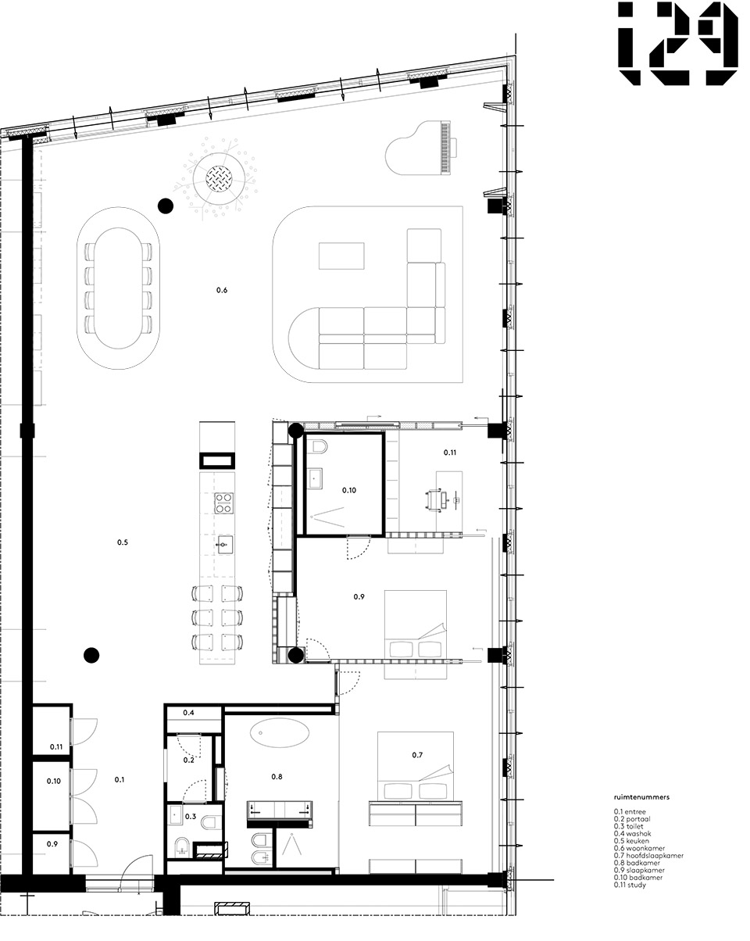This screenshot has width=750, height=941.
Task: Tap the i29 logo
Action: (x=677, y=44)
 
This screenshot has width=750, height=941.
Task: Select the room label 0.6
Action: (x=222, y=291)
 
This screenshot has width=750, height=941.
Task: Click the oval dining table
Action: (x=120, y=288)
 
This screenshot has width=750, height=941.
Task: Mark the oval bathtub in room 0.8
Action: (x=279, y=733)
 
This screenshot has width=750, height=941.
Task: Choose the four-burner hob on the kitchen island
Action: (x=222, y=503)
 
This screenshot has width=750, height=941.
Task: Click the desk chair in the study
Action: (x=436, y=499)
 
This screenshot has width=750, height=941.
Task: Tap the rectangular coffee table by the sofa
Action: (x=341, y=256)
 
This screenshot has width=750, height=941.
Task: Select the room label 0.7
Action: (x=417, y=755)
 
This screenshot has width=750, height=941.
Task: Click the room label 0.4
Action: (x=189, y=713)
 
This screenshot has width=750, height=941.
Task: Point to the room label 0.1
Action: (x=120, y=779)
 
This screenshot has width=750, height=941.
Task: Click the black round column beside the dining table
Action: (x=165, y=206)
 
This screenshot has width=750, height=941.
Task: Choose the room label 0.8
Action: (x=277, y=777)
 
